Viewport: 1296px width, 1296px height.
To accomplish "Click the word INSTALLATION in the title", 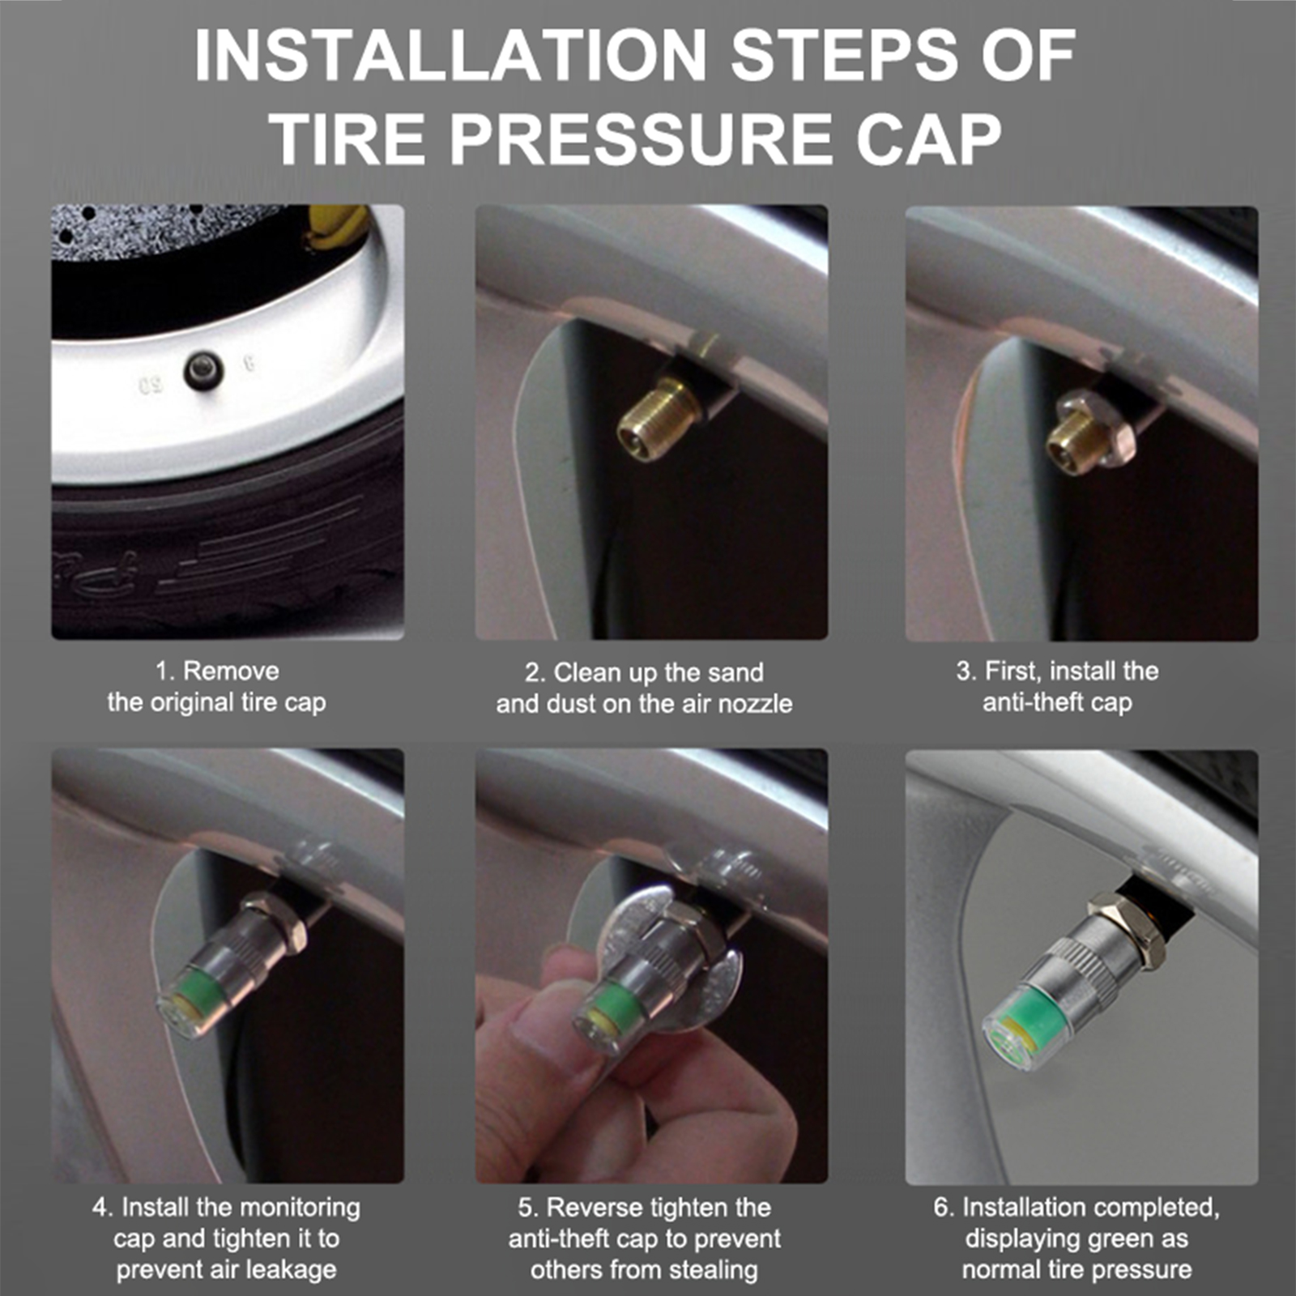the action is (x=450, y=54).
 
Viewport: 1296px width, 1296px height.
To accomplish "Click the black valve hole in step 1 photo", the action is (x=202, y=369).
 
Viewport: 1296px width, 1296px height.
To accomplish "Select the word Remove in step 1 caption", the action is (x=231, y=671).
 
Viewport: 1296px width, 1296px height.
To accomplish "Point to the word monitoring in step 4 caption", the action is (x=301, y=1208).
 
